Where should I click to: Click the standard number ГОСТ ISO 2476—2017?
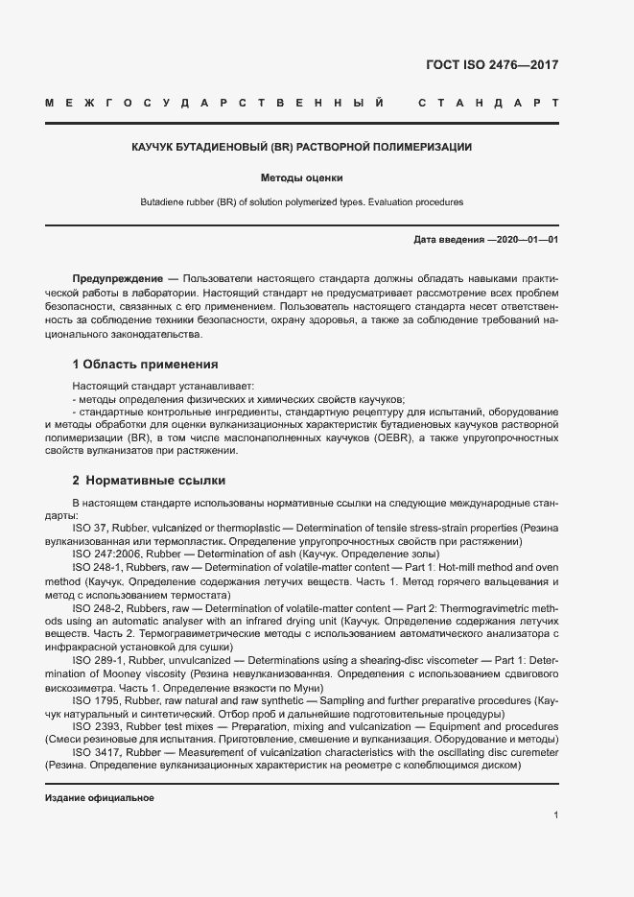click(x=491, y=65)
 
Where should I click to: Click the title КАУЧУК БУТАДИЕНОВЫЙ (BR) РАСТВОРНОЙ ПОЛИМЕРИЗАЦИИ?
click(x=301, y=147)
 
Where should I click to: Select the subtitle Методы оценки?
click(x=301, y=177)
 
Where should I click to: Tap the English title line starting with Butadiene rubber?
click(x=301, y=202)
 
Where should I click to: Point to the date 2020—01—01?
click(x=524, y=239)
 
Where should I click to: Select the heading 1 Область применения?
click(x=145, y=365)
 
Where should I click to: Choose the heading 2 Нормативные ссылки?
click(x=149, y=480)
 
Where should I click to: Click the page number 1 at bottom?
click(x=555, y=815)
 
